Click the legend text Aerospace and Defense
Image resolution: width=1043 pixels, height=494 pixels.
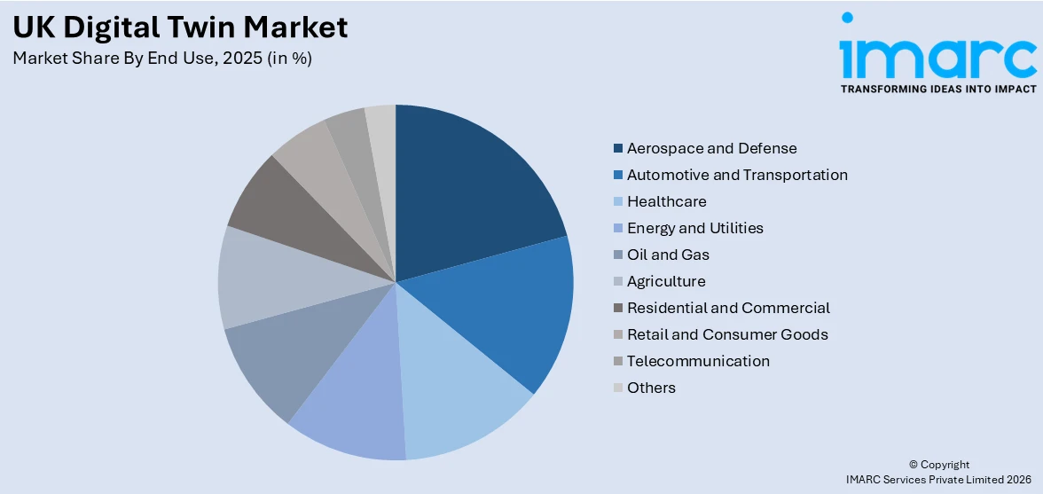[711, 148]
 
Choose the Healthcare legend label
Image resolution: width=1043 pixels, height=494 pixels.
[666, 201]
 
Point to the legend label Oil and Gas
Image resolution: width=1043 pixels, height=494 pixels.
[668, 255]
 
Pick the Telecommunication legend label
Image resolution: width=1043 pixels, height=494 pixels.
[698, 361]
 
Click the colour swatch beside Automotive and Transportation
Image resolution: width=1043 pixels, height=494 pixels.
[617, 175]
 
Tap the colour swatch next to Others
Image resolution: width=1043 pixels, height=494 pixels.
[617, 388]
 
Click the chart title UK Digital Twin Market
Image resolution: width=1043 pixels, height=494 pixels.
[181, 27]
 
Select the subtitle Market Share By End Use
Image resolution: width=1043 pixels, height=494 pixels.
[162, 59]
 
